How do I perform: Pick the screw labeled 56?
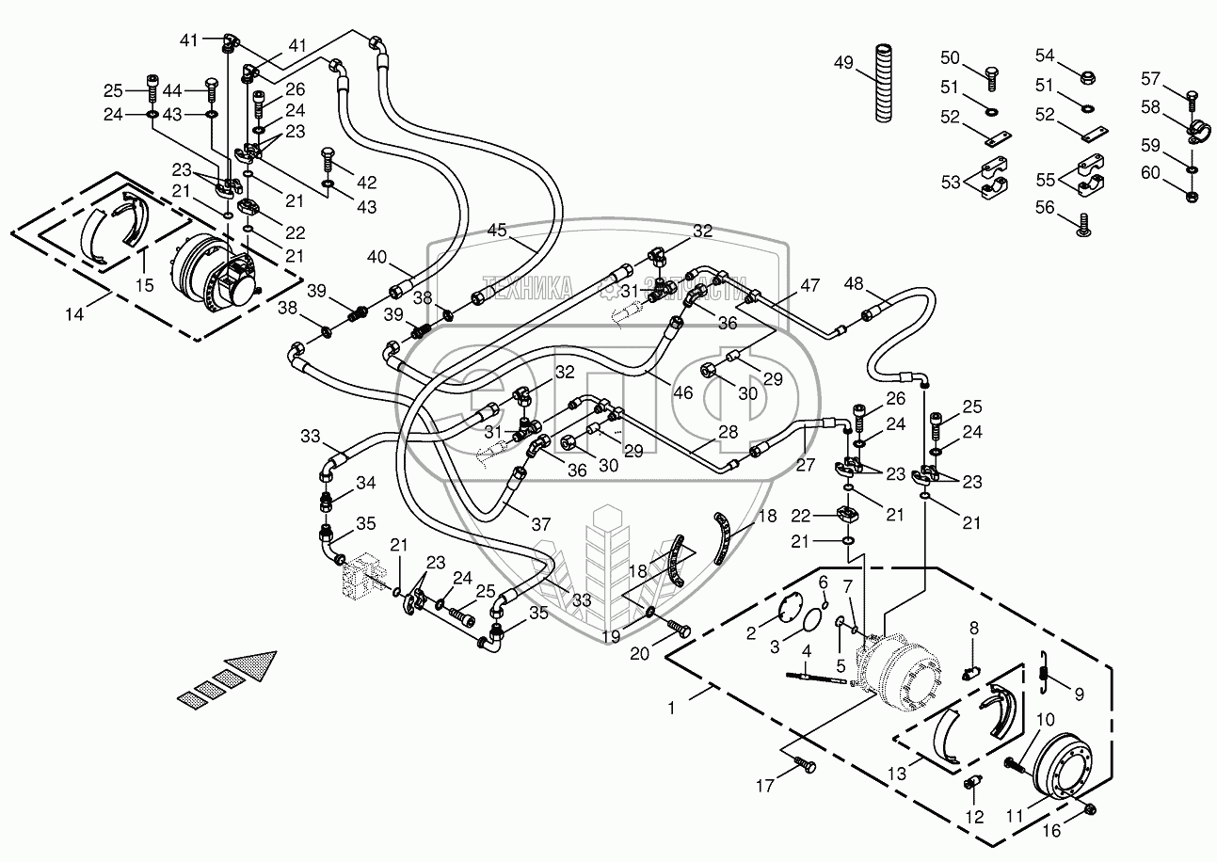pyautogui.click(x=1084, y=223)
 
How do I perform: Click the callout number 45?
pyautogui.click(x=496, y=230)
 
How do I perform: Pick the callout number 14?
pyautogui.click(x=74, y=315)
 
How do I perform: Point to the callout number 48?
pyautogui.click(x=853, y=284)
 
